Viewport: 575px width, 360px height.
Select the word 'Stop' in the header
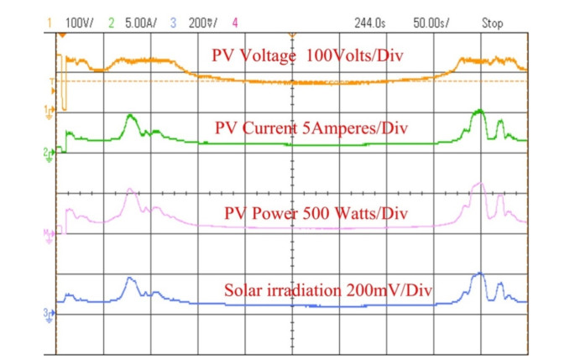492,23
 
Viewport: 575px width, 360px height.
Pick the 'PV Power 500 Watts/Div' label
316,214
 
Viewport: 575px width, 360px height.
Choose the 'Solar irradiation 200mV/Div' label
328,290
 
